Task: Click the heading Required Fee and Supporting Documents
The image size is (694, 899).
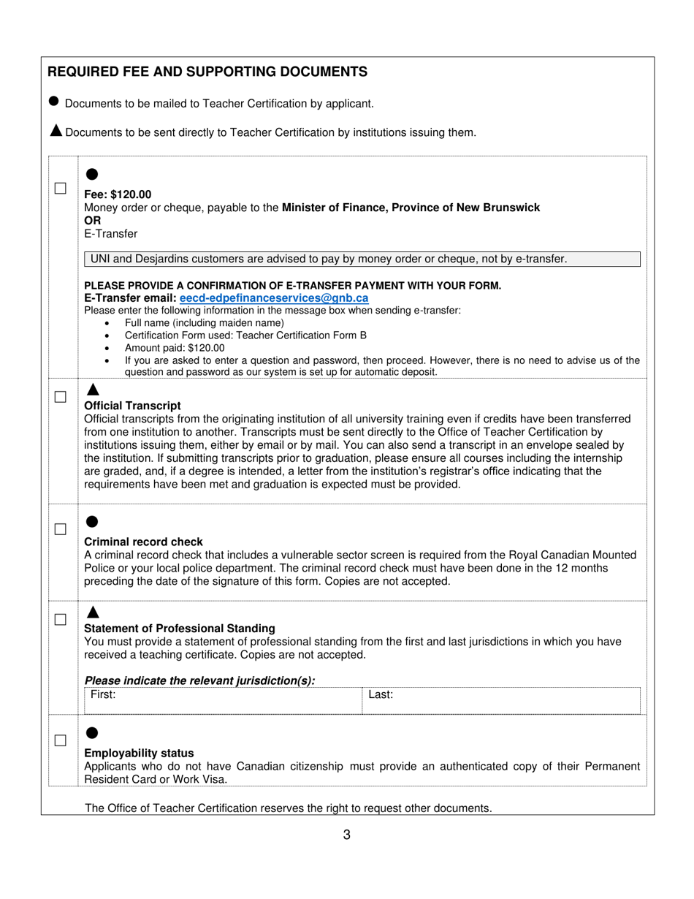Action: pyautogui.click(x=207, y=72)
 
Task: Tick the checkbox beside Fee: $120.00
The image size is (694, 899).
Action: pyautogui.click(x=61, y=188)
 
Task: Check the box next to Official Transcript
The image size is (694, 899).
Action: pyautogui.click(x=61, y=397)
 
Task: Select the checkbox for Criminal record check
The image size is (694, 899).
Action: pyautogui.click(x=61, y=528)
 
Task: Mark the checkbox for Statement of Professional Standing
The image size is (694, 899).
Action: pyautogui.click(x=61, y=619)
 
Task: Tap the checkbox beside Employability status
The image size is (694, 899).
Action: pyautogui.click(x=61, y=740)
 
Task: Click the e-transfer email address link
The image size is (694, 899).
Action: pyautogui.click(x=274, y=298)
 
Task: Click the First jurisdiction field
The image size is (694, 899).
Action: pyautogui.click(x=223, y=700)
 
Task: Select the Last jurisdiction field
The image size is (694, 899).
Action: pyautogui.click(x=500, y=700)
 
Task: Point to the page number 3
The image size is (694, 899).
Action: pyautogui.click(x=346, y=835)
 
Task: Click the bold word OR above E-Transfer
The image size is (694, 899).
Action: pyautogui.click(x=93, y=221)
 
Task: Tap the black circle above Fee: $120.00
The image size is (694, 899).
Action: pyautogui.click(x=92, y=174)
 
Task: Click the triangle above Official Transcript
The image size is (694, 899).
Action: pyautogui.click(x=92, y=389)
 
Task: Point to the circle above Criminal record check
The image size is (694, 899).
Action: pyautogui.click(x=92, y=521)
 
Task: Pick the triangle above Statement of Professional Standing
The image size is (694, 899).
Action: pyautogui.click(x=92, y=612)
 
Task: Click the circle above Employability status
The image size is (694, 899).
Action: pyautogui.click(x=92, y=732)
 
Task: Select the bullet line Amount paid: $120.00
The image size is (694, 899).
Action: pyautogui.click(x=175, y=348)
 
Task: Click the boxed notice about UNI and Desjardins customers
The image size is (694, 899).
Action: pyautogui.click(x=362, y=259)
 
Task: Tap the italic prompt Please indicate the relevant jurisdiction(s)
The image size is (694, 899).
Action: pyautogui.click(x=200, y=680)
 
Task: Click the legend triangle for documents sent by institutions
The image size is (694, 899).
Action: pyautogui.click(x=56, y=131)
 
